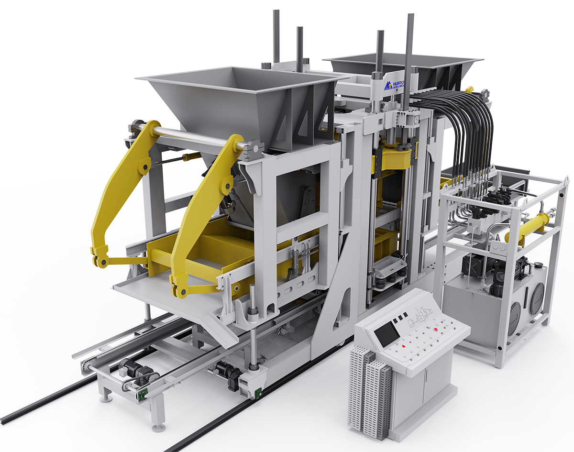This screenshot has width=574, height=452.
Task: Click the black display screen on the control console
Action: tap(386, 334)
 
